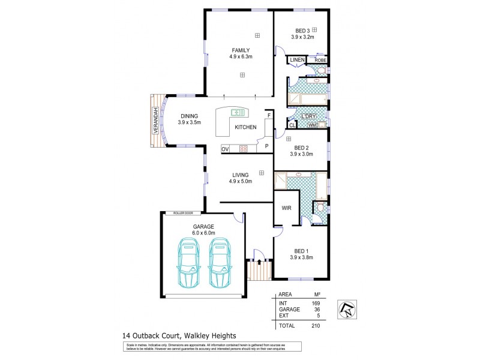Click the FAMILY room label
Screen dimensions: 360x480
point(242,50)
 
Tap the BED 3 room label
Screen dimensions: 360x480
point(302,30)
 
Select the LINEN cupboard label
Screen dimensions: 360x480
point(297,61)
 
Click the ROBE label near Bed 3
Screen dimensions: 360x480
point(320,60)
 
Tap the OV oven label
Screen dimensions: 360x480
point(225,148)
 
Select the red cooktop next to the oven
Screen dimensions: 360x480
point(244,148)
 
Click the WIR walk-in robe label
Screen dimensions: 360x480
point(286,208)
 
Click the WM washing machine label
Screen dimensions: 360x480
point(312,125)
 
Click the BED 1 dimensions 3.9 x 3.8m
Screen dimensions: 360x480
point(302,258)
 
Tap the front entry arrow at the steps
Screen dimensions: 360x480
point(259,262)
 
